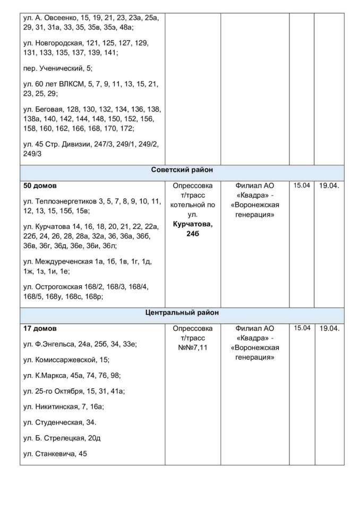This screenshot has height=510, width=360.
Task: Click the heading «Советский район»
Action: pyautogui.click(x=182, y=171)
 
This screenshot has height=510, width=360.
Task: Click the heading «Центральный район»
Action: pyautogui.click(x=182, y=313)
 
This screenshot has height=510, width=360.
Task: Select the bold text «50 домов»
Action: pyautogui.click(x=40, y=186)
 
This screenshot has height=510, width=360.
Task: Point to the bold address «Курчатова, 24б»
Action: pyautogui.click(x=192, y=229)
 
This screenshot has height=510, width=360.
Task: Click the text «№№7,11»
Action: pyautogui.click(x=192, y=347)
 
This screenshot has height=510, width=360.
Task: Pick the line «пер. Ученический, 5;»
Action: pyautogui.click(x=58, y=69)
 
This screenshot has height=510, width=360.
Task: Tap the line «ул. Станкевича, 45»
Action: pyautogui.click(x=55, y=454)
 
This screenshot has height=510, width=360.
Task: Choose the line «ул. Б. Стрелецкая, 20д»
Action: pyautogui.click(x=63, y=438)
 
